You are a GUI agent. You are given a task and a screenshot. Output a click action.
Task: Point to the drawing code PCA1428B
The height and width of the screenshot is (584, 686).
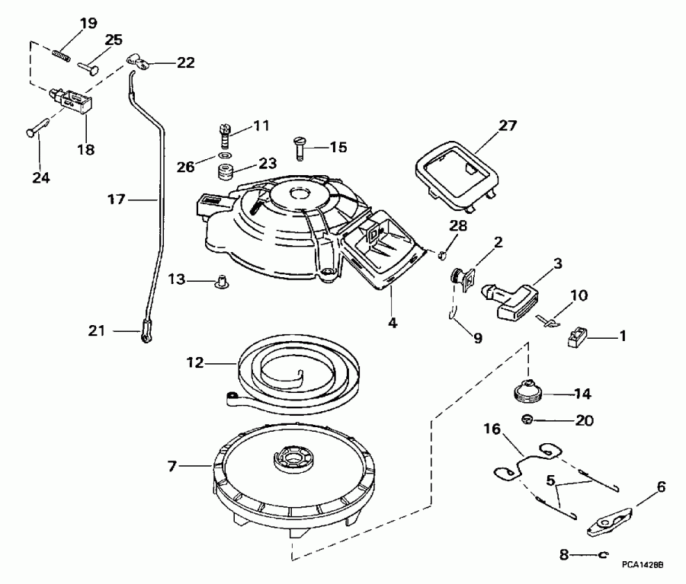point(643,565)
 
